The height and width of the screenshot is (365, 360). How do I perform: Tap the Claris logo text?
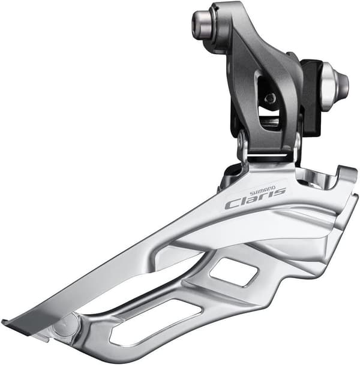coord(255,200)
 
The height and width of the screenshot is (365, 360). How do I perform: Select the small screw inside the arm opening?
coord(270,98)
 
